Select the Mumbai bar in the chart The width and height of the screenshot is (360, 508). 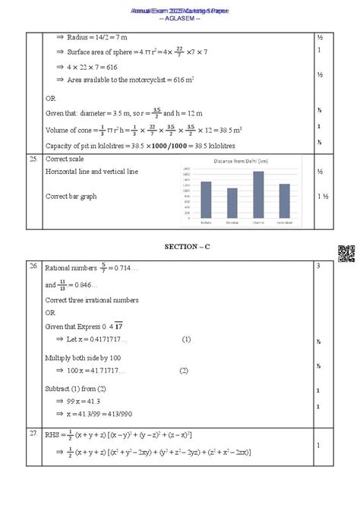pos(232,200)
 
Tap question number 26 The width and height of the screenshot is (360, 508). pos(33,267)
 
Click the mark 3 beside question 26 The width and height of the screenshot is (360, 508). pos(319,267)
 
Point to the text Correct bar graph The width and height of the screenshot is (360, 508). pos(71,196)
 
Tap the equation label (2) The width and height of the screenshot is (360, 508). pos(184,371)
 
